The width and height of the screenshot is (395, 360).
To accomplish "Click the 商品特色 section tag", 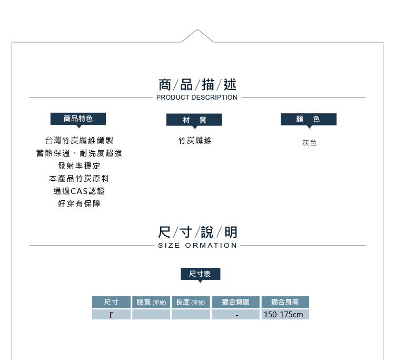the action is pos(78,119).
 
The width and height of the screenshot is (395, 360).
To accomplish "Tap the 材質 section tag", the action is pos(194,120).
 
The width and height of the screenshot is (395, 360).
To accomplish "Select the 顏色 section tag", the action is pos(309,119).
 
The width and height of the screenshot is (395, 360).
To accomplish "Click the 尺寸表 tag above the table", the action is pos(201,274).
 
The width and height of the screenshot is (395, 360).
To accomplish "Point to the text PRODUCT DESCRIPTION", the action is pos(197,98).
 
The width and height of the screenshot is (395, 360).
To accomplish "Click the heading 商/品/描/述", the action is pos(197,84).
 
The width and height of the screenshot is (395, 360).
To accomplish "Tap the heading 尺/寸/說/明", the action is pos(197,232).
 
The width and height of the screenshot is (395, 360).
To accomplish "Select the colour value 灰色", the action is pos(309,143).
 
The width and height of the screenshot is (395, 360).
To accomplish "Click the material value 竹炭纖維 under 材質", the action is pos(195,141).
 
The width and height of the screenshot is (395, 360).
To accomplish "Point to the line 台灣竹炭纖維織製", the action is pos(79,140).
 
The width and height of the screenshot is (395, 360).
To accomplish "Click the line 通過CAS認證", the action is pos(79,191).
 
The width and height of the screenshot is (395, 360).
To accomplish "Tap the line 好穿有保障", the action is pos(79,203).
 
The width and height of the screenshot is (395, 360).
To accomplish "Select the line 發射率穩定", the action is pos(79,166).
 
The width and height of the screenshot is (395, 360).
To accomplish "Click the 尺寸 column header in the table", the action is pos(111,302).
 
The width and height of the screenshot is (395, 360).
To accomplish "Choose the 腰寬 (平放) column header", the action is pos(151,302).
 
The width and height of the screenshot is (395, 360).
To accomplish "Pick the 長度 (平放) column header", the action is pos(191,302).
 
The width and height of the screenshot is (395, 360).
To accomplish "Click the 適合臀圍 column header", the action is pos(235,302).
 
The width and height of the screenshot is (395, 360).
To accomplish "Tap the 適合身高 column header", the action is pos(285,302).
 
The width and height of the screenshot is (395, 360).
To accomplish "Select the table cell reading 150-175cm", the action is pos(283,315).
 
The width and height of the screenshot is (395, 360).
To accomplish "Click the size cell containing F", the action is pos(111,315).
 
